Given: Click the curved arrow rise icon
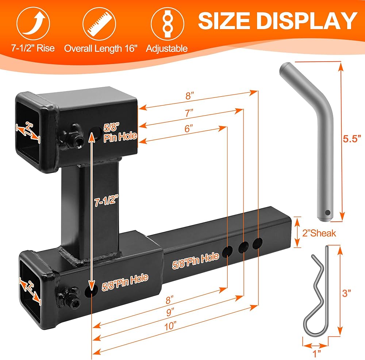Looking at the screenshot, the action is (33, 24).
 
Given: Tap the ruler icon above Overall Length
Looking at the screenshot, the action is (99, 24).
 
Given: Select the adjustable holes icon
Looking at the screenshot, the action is (168, 24).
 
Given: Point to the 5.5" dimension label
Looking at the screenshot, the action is (352, 139).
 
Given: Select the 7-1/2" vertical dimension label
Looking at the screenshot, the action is (106, 200).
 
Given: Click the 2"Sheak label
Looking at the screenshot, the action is (319, 233).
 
